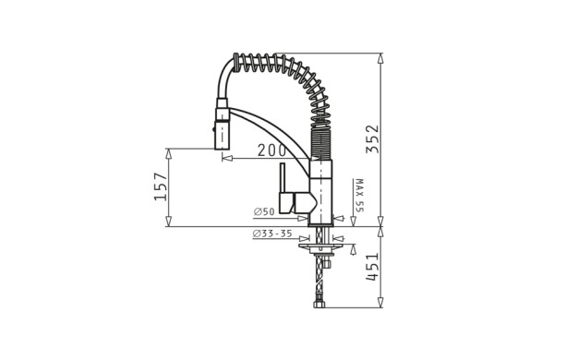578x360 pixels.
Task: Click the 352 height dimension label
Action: point(372,139)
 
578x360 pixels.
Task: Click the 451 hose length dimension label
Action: point(372,267)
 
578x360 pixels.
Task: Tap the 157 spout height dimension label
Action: point(161,186)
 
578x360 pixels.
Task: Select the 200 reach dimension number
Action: point(271,150)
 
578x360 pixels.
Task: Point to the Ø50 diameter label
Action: point(264,211)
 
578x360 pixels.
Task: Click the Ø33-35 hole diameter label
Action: point(272,234)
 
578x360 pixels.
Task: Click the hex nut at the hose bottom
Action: point(319,305)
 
